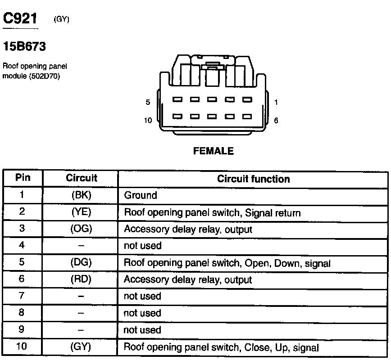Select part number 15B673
point(25,46)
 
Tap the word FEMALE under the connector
point(214,151)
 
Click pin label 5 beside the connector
point(148,103)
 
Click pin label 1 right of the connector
point(276,103)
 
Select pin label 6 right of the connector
point(276,121)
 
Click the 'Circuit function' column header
point(253,179)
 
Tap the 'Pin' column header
point(23,178)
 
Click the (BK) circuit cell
point(82,195)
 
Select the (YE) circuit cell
point(82,212)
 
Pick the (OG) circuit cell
point(82,229)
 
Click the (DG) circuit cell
point(82,263)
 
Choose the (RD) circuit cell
point(82,279)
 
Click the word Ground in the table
point(141,195)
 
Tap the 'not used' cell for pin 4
point(142,246)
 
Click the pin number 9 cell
point(22,330)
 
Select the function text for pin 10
point(221,347)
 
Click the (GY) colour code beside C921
point(61,19)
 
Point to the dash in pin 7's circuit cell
point(82,297)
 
